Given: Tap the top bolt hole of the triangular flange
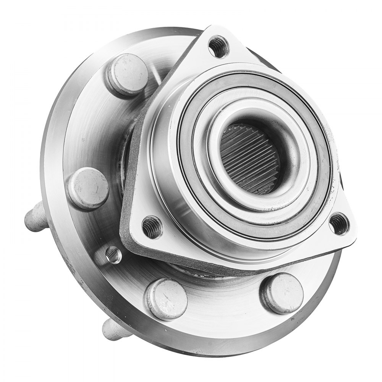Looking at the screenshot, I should tap(219, 46).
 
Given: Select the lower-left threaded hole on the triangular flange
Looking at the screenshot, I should tap(152, 227).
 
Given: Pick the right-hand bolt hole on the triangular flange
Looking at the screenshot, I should tap(339, 224).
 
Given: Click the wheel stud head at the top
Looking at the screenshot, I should tap(128, 74).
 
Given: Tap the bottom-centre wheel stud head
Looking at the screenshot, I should tap(167, 299).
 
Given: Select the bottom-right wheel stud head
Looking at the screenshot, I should tap(282, 293).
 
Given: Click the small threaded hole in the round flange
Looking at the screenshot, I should tap(113, 254).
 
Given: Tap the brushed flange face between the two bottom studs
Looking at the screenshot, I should tap(225, 302).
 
